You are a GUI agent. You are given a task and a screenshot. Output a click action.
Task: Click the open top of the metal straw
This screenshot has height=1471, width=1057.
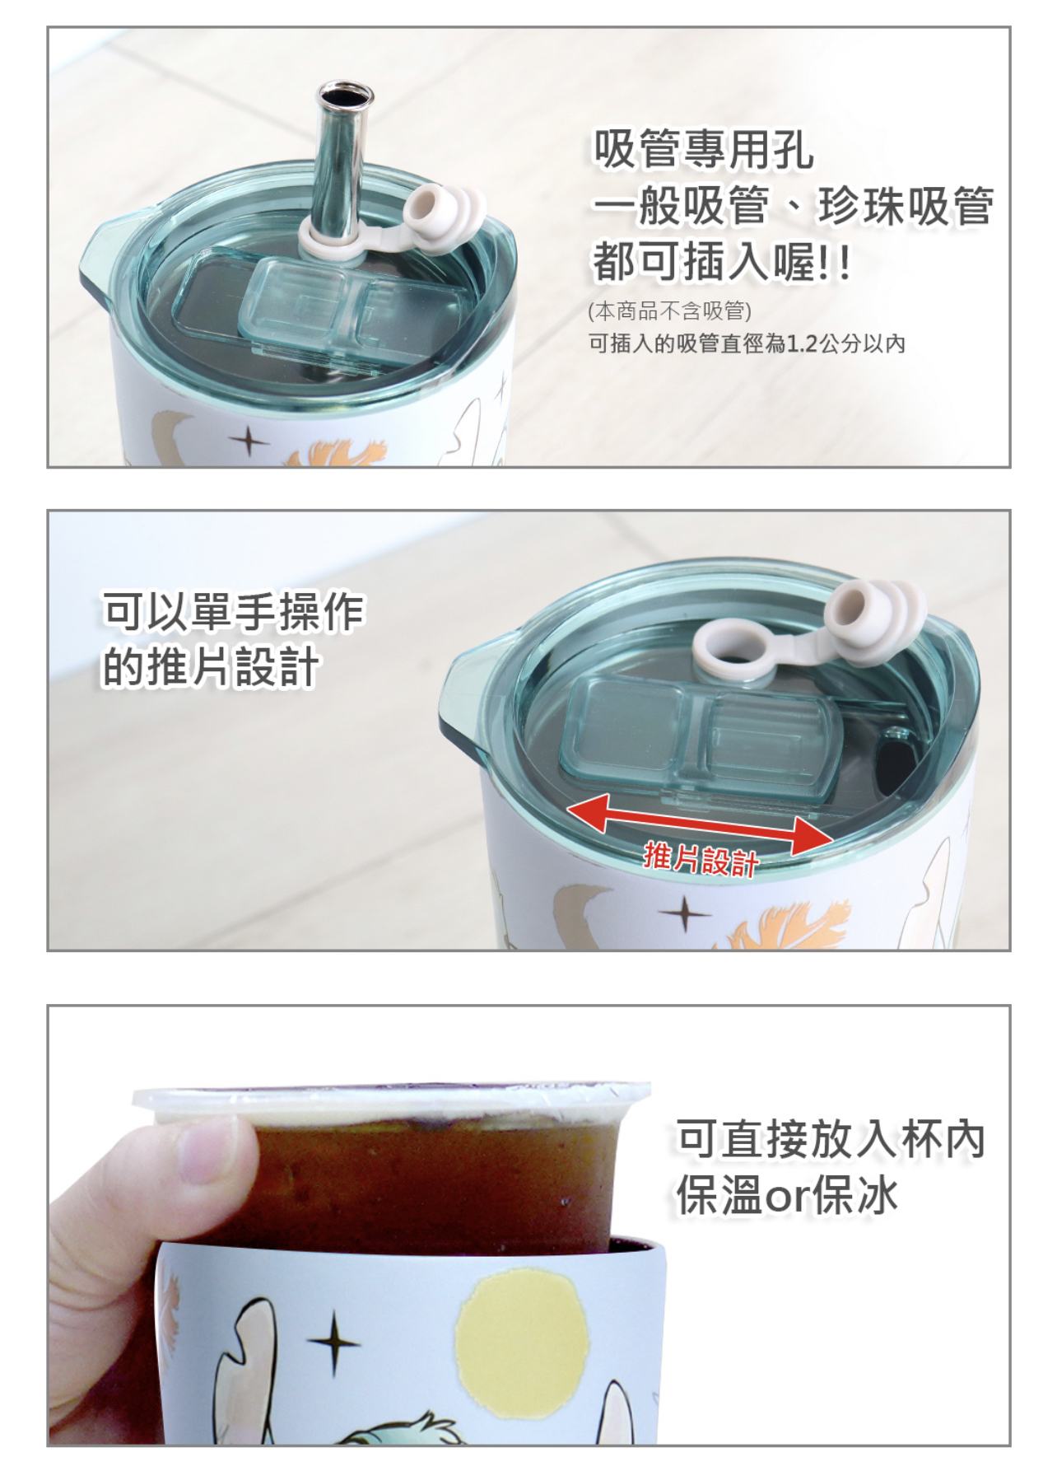click(x=344, y=93)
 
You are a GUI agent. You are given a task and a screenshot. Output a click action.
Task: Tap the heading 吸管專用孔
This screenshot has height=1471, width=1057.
click(x=703, y=151)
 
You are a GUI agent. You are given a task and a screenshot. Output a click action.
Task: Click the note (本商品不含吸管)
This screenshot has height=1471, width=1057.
click(x=669, y=311)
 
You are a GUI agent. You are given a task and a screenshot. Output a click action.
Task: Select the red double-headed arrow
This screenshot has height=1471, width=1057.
click(x=700, y=824)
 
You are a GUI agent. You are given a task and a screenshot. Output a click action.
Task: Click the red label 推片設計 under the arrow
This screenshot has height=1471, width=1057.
click(x=700, y=859)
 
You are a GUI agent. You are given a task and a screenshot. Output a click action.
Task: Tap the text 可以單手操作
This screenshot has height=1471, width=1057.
click(x=233, y=610)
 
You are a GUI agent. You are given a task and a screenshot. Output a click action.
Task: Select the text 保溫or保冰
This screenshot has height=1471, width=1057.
click(x=786, y=1195)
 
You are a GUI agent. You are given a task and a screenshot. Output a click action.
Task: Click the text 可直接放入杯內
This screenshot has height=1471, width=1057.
click(x=830, y=1139)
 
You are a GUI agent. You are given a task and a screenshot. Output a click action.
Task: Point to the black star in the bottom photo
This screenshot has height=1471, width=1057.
click(x=333, y=1343)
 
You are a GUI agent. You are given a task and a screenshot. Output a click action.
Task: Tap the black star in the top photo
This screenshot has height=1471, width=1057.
click(x=249, y=441)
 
